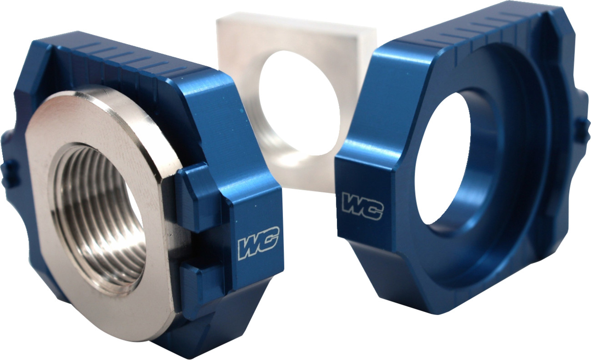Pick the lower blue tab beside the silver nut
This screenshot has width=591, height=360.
tap(200, 280)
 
